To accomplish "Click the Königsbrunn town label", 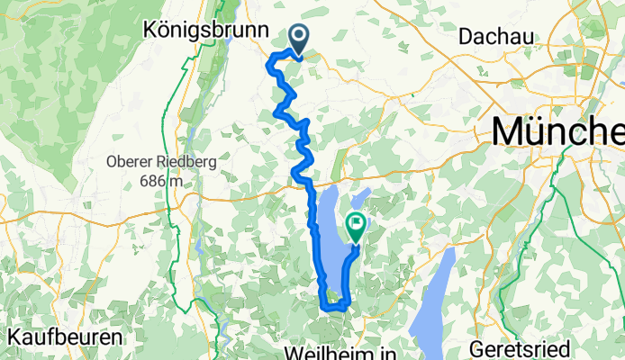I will point(206,31).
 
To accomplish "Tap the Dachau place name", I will point(496,36).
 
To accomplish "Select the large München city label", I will point(558,132).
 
